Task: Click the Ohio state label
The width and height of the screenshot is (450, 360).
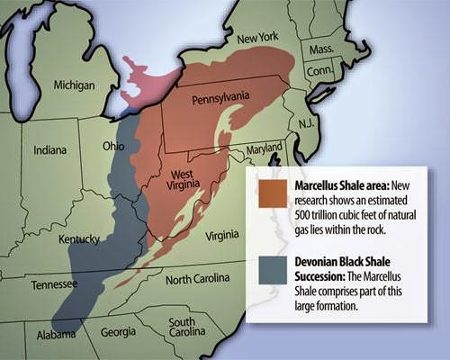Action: coord(113,146)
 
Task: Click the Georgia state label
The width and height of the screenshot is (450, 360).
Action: coord(118,331)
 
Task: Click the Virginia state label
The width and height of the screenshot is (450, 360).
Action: coord(222,236)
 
